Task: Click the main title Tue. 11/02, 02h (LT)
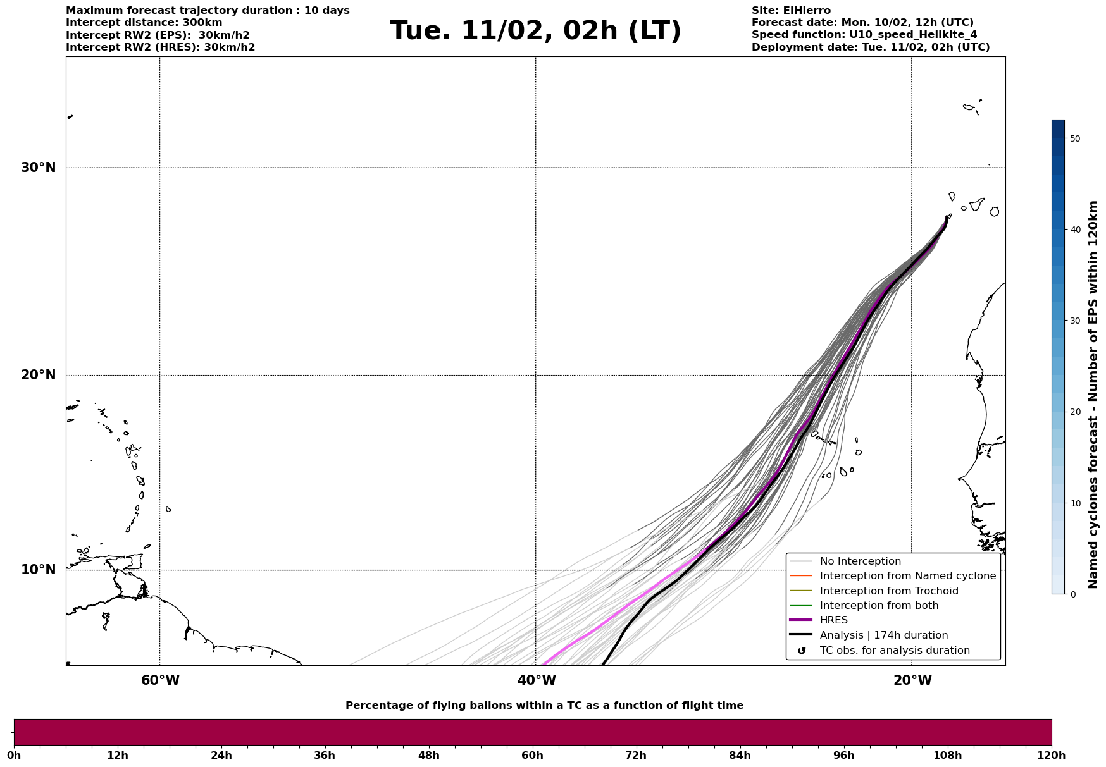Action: (535, 31)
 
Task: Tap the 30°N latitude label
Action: (38, 168)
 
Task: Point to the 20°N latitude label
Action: (38, 375)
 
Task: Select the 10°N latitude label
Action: (38, 570)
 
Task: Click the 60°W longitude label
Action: (160, 680)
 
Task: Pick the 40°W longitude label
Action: (537, 680)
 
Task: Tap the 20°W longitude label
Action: (912, 680)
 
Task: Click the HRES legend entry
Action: (833, 620)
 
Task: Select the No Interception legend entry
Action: (860, 561)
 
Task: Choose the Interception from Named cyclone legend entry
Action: (907, 576)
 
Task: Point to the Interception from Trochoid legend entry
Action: (888, 591)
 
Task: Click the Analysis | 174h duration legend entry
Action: (883, 635)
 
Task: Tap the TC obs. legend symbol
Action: (802, 651)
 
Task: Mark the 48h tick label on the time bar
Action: (428, 755)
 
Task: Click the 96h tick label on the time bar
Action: (843, 755)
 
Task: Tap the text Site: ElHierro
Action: (791, 11)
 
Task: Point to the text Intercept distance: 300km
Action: (144, 23)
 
